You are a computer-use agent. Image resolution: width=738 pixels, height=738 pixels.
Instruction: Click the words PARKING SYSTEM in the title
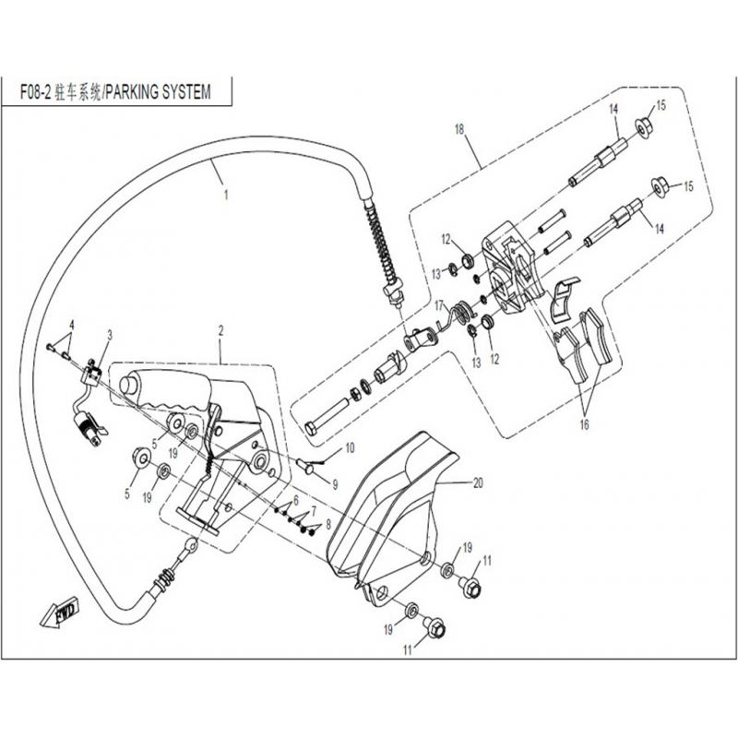157,92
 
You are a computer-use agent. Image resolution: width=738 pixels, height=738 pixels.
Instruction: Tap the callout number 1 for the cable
226,195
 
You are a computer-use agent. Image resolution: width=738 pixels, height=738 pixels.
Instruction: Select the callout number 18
458,129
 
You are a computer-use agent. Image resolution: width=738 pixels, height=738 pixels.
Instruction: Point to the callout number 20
478,482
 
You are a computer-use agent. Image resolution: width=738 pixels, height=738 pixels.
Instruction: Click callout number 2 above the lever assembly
220,330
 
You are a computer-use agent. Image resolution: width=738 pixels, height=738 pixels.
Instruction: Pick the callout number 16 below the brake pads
584,425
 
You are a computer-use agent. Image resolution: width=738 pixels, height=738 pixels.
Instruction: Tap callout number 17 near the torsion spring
439,305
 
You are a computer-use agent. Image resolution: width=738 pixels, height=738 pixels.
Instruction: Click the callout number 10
350,446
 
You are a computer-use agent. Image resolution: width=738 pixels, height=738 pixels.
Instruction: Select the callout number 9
335,483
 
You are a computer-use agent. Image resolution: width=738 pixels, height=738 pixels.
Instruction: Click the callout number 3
110,335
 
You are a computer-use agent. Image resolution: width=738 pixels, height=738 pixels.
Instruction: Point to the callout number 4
72,325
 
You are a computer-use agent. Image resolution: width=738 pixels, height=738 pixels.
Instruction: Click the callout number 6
295,501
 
